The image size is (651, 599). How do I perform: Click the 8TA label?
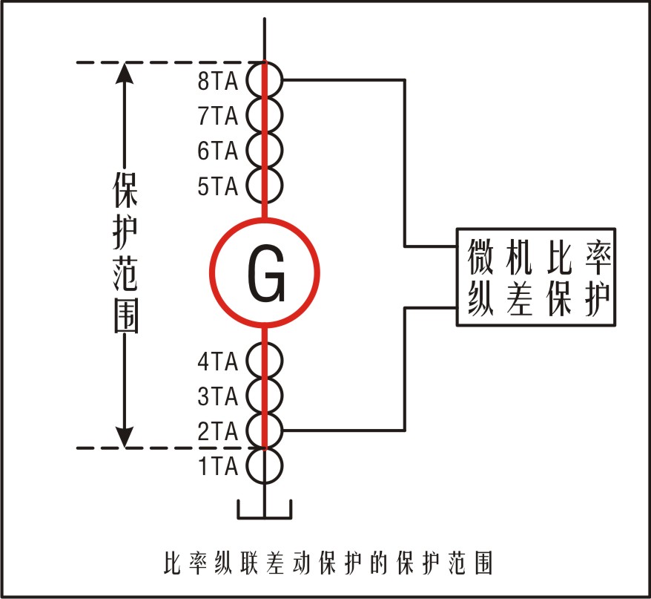pos(217,81)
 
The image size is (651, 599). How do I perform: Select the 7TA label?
pos(217,116)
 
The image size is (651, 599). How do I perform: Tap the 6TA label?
pos(217,151)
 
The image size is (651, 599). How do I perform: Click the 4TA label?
pos(217,362)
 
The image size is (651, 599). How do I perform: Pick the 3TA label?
pos(217,397)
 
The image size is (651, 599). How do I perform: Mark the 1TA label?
pos(217,467)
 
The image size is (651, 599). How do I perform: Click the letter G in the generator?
pos(265,274)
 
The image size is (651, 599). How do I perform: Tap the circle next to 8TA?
pos(265,79)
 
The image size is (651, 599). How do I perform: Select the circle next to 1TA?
pos(265,466)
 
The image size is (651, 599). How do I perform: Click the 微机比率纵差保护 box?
pos(536,276)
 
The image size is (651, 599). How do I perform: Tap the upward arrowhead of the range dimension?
pos(126,74)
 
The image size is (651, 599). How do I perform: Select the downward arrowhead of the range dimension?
pos(126,436)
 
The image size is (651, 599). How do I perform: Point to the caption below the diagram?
pos(326,562)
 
